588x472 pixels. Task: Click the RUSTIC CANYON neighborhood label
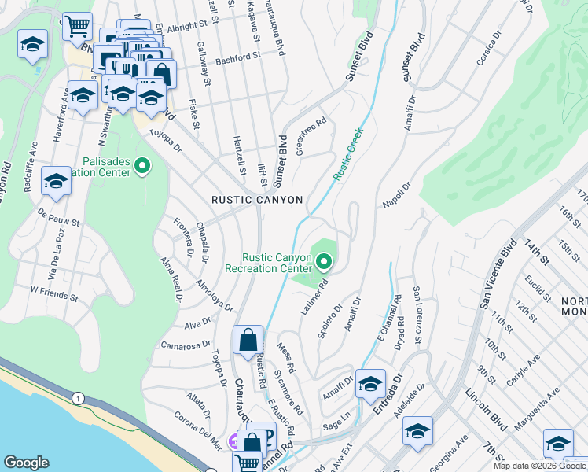click(257, 201)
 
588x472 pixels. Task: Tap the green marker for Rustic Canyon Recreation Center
click(323, 262)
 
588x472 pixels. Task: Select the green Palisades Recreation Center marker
click(142, 166)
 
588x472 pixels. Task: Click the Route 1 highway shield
click(78, 399)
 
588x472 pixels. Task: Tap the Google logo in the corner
click(27, 463)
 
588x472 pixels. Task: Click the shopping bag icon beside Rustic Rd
click(248, 342)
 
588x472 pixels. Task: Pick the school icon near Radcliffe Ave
click(57, 182)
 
